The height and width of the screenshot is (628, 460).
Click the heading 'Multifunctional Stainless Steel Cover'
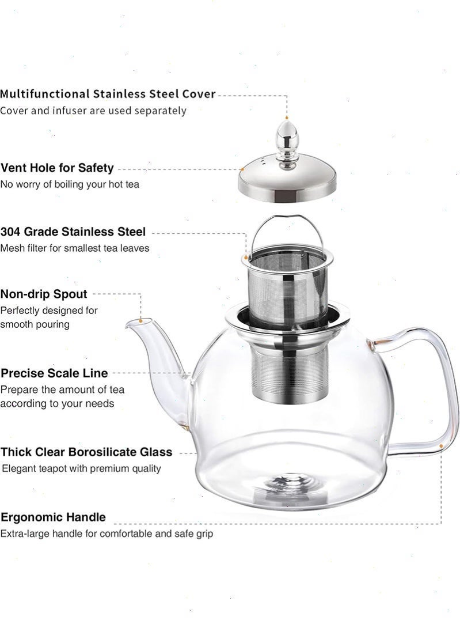[108, 94]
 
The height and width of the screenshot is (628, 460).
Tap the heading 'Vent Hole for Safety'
[57, 168]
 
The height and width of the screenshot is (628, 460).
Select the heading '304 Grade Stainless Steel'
[73, 232]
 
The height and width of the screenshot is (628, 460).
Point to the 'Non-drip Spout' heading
[44, 294]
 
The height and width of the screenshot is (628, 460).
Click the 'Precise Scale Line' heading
[54, 373]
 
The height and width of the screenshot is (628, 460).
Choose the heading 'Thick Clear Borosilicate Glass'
[86, 452]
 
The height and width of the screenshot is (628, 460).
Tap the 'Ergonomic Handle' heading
[53, 517]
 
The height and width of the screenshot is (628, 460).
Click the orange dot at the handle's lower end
[441, 446]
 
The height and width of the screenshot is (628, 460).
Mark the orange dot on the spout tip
[140, 320]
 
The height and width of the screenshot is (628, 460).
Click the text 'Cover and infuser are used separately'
[93, 111]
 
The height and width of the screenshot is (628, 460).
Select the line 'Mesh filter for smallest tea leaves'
[75, 248]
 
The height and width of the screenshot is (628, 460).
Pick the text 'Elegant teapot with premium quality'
[81, 468]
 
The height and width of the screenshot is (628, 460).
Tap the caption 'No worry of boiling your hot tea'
[70, 184]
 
